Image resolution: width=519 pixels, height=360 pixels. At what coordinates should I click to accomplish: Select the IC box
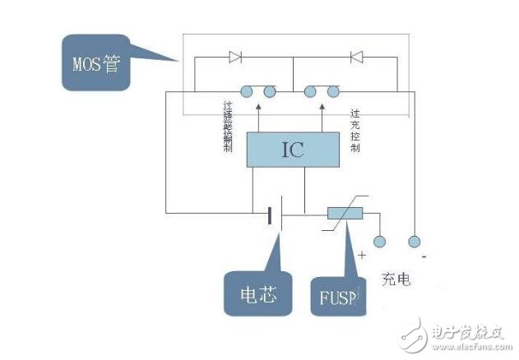pyautogui.click(x=293, y=150)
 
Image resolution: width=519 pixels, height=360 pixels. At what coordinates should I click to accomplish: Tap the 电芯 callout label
pyautogui.click(x=257, y=292)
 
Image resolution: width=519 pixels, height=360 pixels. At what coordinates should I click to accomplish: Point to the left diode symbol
pyautogui.click(x=235, y=58)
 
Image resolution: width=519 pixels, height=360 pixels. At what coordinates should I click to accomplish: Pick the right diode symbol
pyautogui.click(x=356, y=58)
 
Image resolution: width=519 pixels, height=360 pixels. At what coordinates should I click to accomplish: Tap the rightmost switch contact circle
pyautogui.click(x=334, y=90)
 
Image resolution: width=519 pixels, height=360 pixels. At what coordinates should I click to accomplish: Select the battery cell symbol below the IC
pyautogui.click(x=273, y=215)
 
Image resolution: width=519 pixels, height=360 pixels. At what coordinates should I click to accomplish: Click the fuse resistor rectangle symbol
pyautogui.click(x=345, y=214)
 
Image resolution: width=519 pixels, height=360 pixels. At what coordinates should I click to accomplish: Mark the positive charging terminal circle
pyautogui.click(x=379, y=242)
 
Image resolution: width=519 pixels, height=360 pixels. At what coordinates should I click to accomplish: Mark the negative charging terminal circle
pyautogui.click(x=415, y=242)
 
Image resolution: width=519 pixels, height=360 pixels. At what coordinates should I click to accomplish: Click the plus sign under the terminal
pyautogui.click(x=362, y=256)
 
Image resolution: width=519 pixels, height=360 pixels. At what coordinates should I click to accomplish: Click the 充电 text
pyautogui.click(x=396, y=279)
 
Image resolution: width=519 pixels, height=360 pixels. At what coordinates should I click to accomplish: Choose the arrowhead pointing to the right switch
pyautogui.click(x=323, y=107)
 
